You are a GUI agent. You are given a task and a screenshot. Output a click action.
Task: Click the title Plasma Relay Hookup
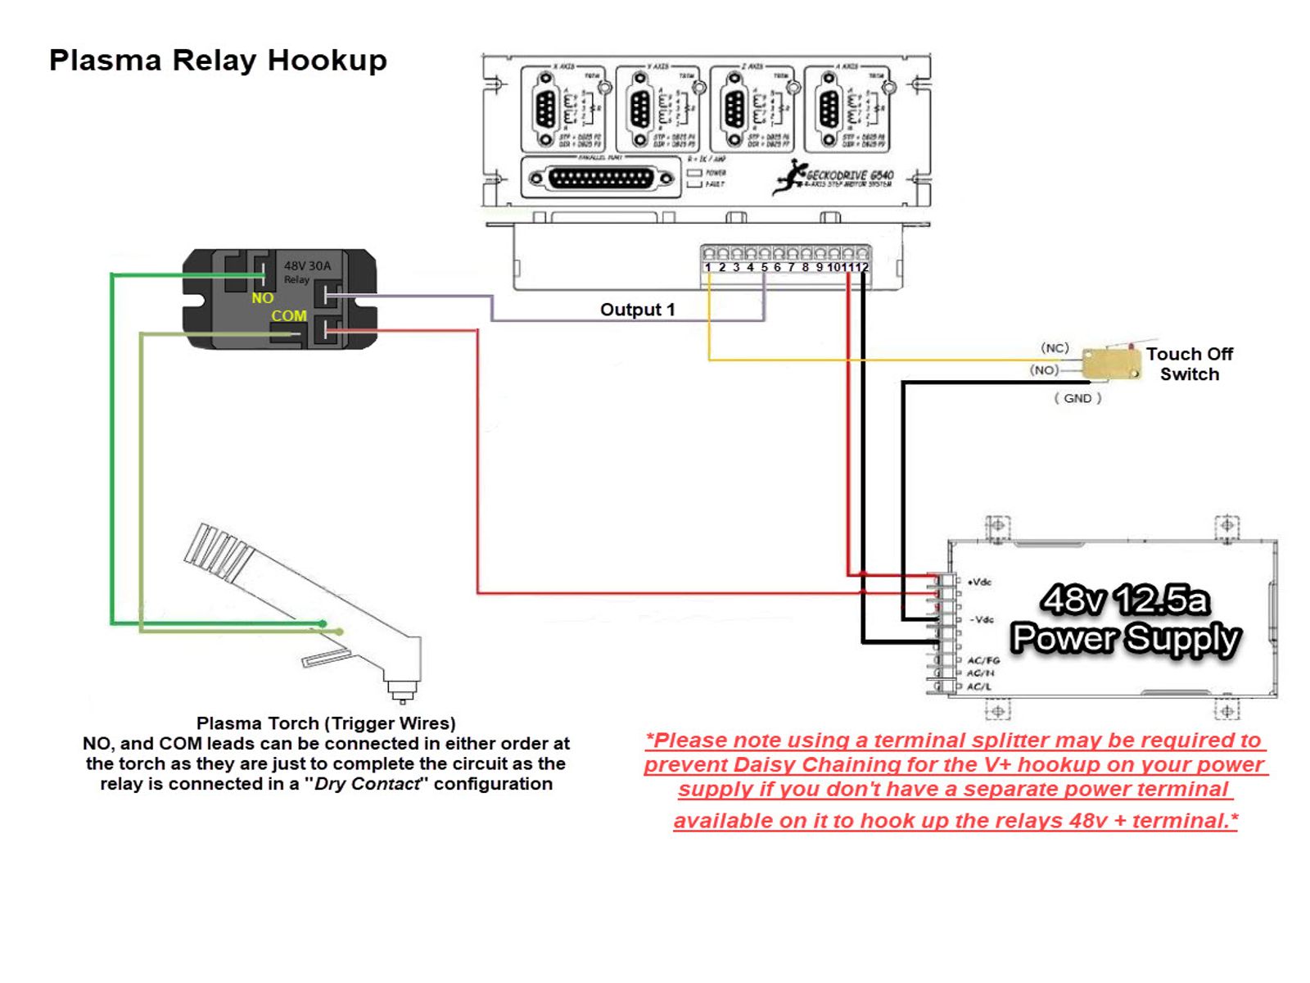pyautogui.click(x=218, y=61)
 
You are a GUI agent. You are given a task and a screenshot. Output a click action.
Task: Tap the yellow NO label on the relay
pyautogui.click(x=262, y=298)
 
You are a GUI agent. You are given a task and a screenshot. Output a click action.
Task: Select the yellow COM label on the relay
pyautogui.click(x=288, y=316)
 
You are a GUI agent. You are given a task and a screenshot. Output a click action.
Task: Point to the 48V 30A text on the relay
pyautogui.click(x=307, y=265)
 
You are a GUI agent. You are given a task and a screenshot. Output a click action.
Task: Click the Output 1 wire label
pyautogui.click(x=637, y=310)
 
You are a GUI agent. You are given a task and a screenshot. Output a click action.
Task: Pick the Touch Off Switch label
pyautogui.click(x=1189, y=364)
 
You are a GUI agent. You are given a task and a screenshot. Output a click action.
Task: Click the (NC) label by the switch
pyautogui.click(x=1055, y=348)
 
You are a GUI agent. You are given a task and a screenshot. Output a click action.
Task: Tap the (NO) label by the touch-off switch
pyautogui.click(x=1044, y=370)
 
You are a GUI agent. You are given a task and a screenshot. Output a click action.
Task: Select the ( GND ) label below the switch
pyautogui.click(x=1077, y=398)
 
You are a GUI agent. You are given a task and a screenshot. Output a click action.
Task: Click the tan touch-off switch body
pyautogui.click(x=1110, y=364)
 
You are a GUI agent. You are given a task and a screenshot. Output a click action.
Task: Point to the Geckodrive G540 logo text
pyautogui.click(x=848, y=175)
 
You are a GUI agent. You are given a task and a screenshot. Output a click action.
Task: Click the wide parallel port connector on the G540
pyautogui.click(x=602, y=178)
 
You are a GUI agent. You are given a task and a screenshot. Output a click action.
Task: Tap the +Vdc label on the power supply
pyautogui.click(x=979, y=582)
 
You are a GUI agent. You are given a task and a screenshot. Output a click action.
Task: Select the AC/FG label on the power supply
pyautogui.click(x=982, y=660)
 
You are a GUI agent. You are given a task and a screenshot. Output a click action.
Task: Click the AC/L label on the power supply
pyautogui.click(x=978, y=686)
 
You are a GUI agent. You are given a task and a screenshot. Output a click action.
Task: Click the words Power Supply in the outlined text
pyautogui.click(x=1125, y=638)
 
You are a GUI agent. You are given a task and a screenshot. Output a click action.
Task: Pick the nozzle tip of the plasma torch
pyautogui.click(x=401, y=695)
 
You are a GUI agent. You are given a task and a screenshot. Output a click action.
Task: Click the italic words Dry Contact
pyautogui.click(x=368, y=784)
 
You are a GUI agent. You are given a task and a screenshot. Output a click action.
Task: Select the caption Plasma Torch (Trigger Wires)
pyautogui.click(x=326, y=723)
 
